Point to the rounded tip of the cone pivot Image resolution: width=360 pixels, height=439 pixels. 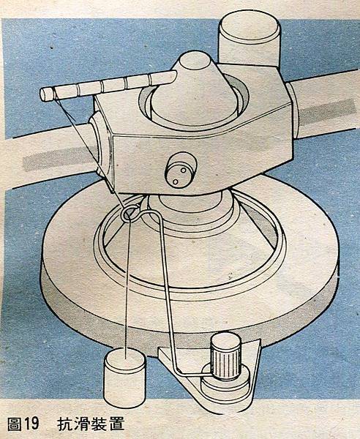coord(195,59)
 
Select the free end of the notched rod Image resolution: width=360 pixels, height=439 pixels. coord(45,94)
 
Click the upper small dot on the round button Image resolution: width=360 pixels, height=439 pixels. coord(184,170)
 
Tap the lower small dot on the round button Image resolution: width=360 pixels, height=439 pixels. coord(176,182)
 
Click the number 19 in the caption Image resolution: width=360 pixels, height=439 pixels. coord(31,424)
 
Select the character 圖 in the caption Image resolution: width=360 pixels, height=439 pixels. coord(15,424)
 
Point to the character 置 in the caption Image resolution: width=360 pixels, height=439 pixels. coord(116,424)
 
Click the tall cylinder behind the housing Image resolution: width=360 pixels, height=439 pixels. coord(249,40)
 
